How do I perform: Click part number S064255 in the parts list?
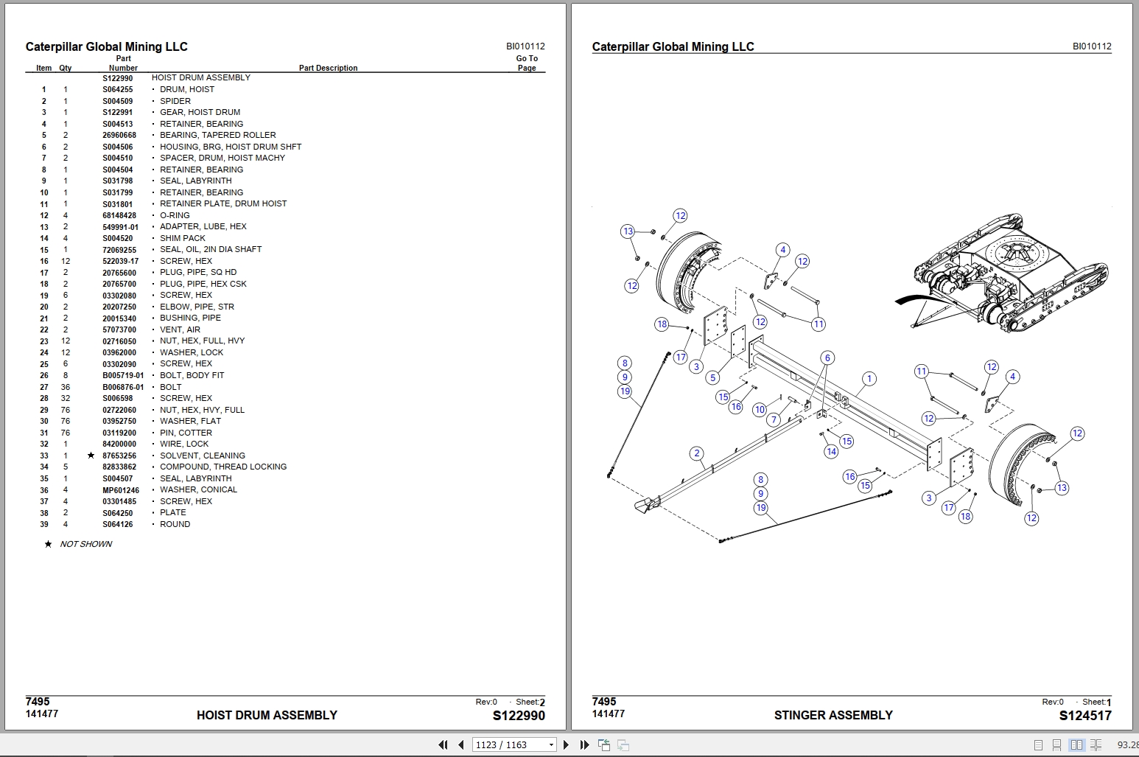coord(118,89)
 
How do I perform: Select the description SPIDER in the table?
coord(175,101)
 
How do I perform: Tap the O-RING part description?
coord(175,215)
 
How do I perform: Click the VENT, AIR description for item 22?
coord(180,329)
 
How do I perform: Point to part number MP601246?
coord(121,489)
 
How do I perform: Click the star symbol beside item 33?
coord(91,456)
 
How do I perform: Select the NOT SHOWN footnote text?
coord(85,544)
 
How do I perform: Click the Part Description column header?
coord(328,68)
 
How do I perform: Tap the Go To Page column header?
coord(527,63)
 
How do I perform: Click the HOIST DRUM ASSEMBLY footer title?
coord(267,715)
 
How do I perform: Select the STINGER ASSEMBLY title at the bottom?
coord(833,715)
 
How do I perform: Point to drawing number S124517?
coord(1084,715)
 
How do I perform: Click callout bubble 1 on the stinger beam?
coord(869,379)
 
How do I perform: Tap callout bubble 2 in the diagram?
coord(697,453)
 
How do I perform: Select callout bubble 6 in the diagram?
coord(827,357)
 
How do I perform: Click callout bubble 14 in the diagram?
coord(831,451)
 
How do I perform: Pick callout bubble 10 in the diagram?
coord(760,409)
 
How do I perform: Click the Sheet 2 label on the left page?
coord(530,702)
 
